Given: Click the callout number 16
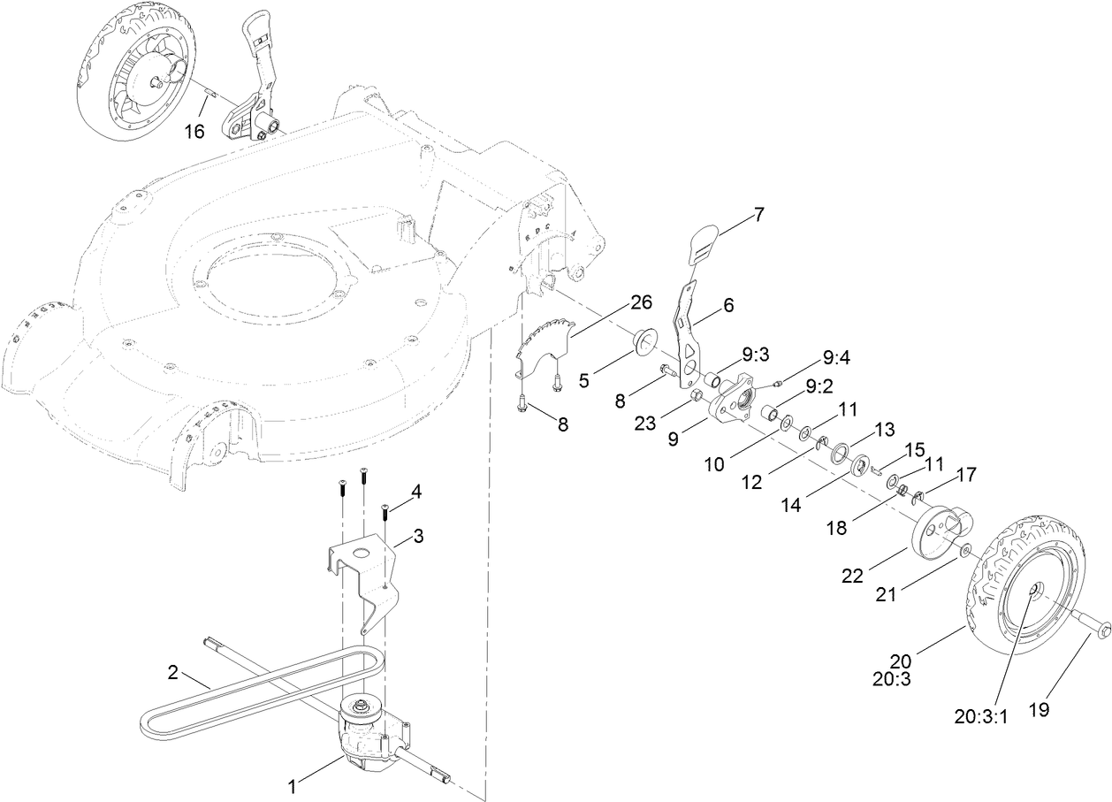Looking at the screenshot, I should pos(194,132).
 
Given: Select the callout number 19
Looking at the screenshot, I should pos(1039,709).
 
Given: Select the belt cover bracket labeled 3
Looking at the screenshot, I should pos(362,566).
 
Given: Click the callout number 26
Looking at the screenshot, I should pos(641,303).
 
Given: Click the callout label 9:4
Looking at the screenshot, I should pos(835,358).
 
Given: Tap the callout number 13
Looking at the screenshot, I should pos(885,429).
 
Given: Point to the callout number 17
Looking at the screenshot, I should pos(966,475).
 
